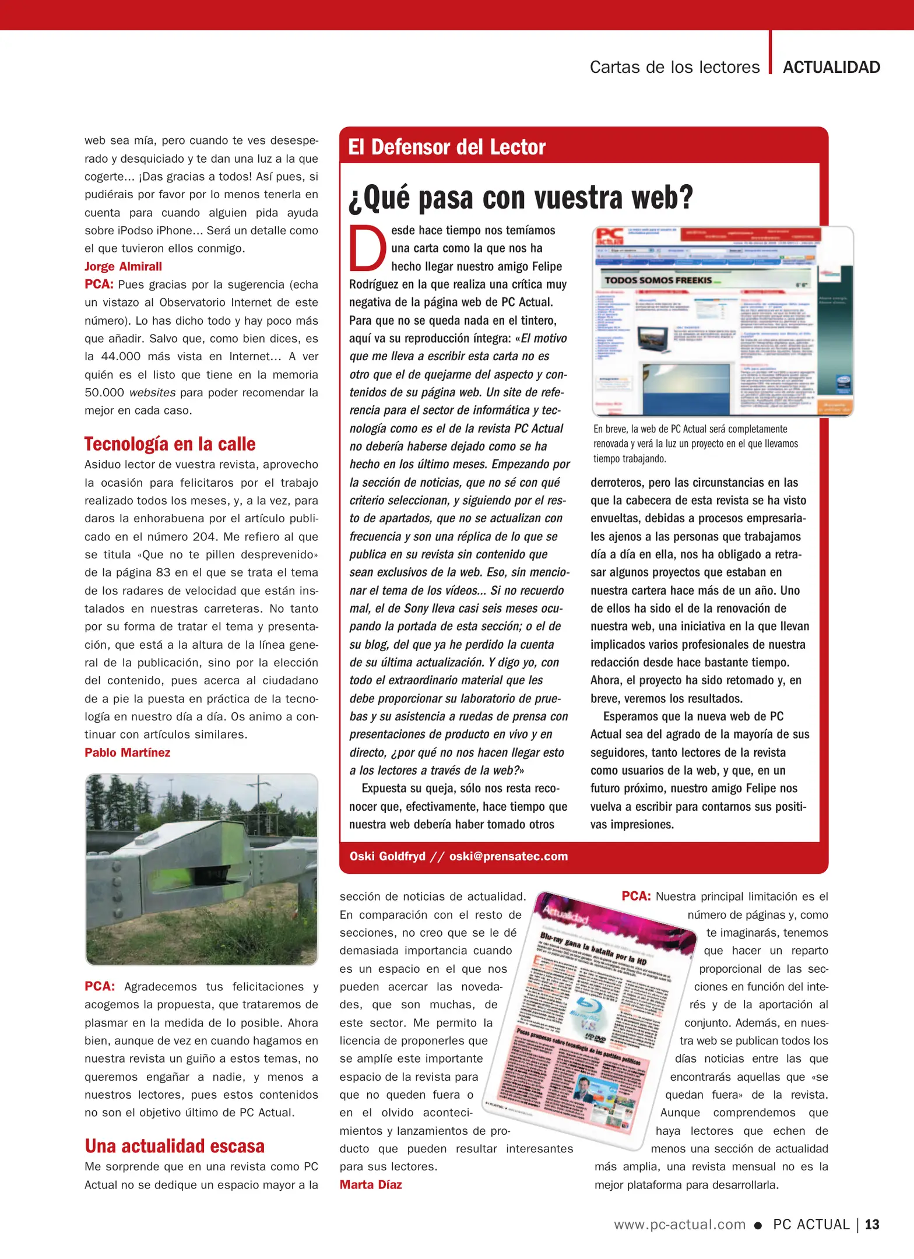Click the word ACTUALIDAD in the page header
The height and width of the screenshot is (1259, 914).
point(831,68)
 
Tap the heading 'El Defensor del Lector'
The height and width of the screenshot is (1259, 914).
point(447,147)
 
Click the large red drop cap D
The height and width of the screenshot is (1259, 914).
point(368,248)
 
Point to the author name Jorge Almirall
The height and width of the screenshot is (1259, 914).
point(123,266)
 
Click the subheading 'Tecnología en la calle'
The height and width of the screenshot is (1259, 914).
point(170,444)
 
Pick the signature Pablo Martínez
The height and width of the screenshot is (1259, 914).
point(127,752)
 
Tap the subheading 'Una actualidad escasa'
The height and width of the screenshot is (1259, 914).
point(174,1146)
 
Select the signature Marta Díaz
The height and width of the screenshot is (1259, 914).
point(371,1184)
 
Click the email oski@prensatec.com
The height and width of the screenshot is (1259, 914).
point(508,856)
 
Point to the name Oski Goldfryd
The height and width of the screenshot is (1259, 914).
point(387,856)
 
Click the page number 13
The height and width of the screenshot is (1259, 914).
point(872,1224)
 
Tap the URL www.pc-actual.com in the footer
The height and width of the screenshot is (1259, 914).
point(680,1225)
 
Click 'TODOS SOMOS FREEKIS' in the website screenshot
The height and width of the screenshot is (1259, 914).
point(658,280)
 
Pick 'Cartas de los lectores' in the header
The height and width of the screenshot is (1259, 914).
point(674,68)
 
